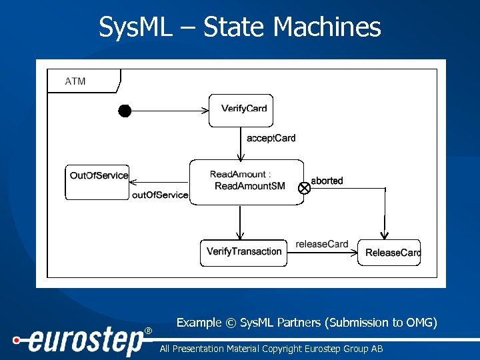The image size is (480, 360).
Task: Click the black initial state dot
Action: click(125, 111)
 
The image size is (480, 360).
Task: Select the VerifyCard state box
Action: click(241, 110)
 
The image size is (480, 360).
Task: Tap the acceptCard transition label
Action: click(271, 138)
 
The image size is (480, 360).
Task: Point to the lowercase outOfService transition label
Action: click(160, 195)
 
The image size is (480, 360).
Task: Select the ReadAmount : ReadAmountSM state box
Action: click(247, 181)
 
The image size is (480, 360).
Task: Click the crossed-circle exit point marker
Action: click(304, 188)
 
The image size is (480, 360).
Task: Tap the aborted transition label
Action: click(327, 181)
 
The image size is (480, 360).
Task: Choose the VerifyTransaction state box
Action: click(244, 252)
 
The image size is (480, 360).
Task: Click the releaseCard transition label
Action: click(322, 244)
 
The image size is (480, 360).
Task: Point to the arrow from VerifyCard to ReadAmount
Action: click(241, 143)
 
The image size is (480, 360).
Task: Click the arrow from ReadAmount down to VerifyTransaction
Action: click(240, 222)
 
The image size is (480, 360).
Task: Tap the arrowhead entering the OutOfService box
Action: click(133, 182)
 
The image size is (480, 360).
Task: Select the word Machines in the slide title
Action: click(327, 27)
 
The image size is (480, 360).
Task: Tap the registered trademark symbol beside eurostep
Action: click(148, 331)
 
